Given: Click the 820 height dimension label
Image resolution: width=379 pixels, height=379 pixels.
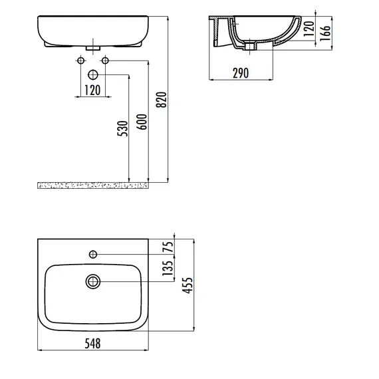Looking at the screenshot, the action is coord(161,100).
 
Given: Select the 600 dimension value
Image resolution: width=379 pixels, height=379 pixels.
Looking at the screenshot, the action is coord(142,122).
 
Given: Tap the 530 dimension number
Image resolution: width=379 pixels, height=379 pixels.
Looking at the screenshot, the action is coord(122,128).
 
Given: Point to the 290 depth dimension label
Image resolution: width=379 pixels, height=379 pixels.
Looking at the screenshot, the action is coord(241,73).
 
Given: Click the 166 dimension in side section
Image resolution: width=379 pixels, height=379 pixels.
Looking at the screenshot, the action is coord(325,33).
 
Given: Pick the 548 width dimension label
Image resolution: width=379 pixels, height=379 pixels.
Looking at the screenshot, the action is coord(92,344).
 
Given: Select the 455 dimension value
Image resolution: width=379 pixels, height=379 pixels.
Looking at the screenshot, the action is coord(188,285).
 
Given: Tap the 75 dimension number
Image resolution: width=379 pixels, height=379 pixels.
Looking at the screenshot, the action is coord(168,247).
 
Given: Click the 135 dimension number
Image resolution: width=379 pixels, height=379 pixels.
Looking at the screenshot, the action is coord(168,268).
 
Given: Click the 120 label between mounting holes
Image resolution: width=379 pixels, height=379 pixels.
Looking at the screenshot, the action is coord(92,90).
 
